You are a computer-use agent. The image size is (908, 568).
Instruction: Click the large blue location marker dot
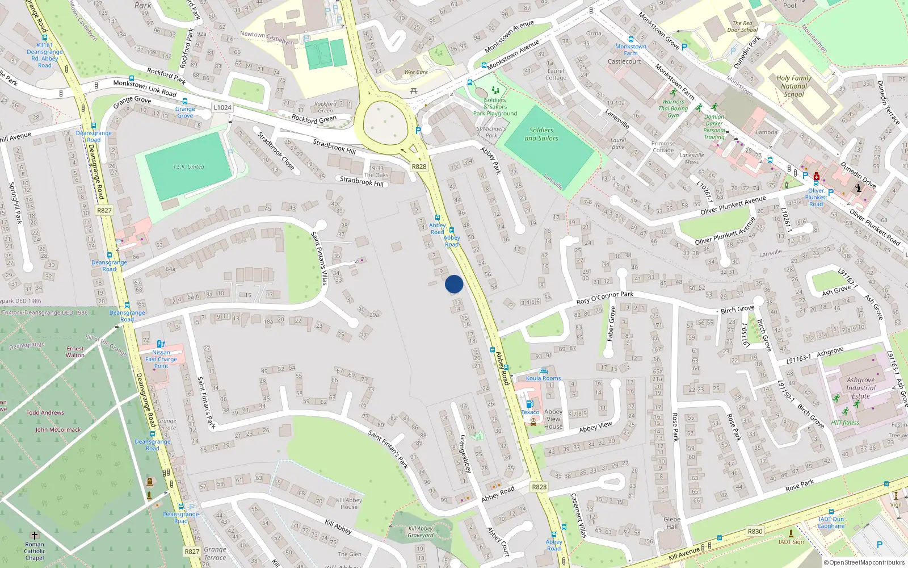pos(454,284)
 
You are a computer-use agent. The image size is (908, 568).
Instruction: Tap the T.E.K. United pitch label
pos(188,167)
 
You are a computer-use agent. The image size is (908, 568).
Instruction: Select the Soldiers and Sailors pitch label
pos(541,134)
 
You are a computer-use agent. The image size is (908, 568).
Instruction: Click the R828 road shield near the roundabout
pos(419,166)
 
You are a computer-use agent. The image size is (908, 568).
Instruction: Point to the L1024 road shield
pos(222,107)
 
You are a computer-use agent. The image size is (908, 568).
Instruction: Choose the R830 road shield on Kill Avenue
pos(755,532)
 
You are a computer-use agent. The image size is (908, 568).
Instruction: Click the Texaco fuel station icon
pos(529,404)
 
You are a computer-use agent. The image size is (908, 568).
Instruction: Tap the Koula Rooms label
pos(543,378)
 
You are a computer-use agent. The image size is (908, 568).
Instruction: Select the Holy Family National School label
pos(794,86)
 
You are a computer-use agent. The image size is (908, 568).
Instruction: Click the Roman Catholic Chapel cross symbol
pos(35,536)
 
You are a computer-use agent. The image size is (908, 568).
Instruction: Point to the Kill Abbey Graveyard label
pos(421,532)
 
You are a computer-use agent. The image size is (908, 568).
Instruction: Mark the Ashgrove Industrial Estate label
pos(860,388)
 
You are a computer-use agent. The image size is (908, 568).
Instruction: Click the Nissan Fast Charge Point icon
pos(161,344)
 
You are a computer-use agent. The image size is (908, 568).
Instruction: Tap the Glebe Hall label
pos(672,523)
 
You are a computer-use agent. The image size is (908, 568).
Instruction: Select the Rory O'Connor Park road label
pos(604,298)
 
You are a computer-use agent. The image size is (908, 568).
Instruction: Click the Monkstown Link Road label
pos(144,87)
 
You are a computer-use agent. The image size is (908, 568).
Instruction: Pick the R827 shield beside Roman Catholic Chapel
pos(192,552)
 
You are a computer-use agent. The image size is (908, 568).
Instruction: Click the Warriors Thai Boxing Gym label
pos(673,108)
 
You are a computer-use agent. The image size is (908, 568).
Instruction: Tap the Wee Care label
pos(416,72)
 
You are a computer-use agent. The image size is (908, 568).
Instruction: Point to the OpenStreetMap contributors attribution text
pos(864,563)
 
